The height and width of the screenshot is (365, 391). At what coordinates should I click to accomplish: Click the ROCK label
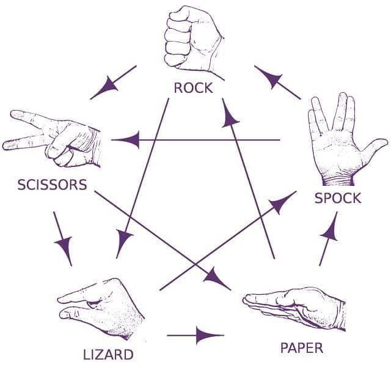click(194, 88)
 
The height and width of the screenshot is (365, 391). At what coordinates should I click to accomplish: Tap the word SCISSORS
click(52, 185)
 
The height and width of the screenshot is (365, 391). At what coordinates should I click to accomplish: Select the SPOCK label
click(338, 198)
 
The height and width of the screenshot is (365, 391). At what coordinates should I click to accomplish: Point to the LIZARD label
click(108, 355)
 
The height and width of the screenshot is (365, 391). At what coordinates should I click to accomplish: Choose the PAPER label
click(302, 348)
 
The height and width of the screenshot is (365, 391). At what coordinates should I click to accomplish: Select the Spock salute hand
click(346, 140)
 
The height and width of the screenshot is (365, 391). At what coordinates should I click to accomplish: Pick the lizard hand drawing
click(101, 309)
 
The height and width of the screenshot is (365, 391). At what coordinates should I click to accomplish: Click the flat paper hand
click(294, 309)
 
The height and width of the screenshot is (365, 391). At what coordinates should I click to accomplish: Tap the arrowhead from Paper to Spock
click(330, 231)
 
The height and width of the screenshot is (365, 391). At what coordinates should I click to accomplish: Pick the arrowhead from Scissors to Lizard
click(65, 246)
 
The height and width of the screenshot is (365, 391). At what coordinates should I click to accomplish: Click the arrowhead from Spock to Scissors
click(130, 140)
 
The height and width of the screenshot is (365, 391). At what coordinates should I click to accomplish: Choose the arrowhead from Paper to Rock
click(230, 117)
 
